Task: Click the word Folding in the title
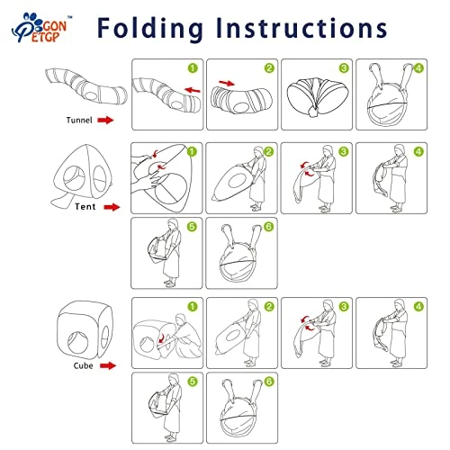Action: coord(150,29)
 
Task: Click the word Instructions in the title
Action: coord(301,28)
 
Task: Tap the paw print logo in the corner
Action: coord(39,28)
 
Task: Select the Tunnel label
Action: coord(79,121)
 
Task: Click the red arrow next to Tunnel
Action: coord(105,121)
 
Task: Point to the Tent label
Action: coord(85,207)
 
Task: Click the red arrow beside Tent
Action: coord(112,207)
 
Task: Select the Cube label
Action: coord(83,365)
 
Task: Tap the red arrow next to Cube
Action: coord(108,365)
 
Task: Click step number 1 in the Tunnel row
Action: coord(193,68)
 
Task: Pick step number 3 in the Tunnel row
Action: coord(344,68)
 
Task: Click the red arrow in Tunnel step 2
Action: coord(227,83)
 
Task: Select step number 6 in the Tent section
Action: coord(268,227)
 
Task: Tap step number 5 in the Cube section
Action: coord(193,382)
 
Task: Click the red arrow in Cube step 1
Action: coord(161,337)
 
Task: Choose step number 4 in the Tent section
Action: coord(418,152)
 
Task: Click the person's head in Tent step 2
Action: coord(258,151)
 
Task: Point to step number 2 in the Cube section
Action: coord(269,307)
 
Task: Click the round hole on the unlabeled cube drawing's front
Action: coord(78,342)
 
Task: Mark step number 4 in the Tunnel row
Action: coord(418,68)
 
